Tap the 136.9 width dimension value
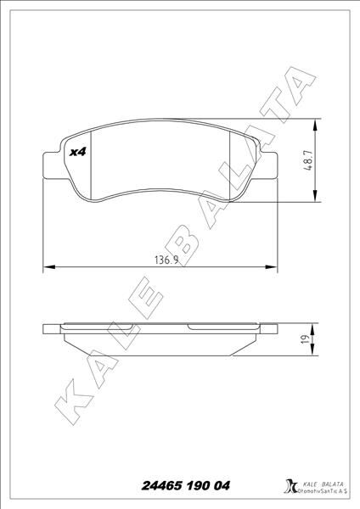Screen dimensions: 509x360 coord(161,260)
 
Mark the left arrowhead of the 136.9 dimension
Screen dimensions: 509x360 coord(47,268)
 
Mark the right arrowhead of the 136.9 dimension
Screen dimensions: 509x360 coord(273,268)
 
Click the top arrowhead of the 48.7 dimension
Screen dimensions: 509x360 coord(316,124)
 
